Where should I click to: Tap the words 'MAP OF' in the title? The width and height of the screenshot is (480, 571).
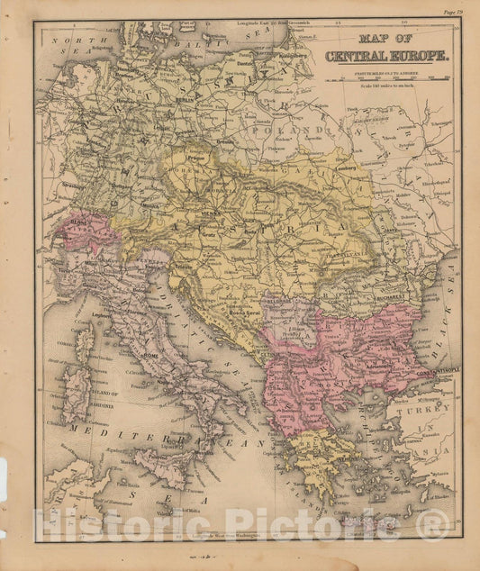tap(385, 39)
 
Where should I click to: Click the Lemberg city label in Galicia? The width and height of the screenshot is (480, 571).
tap(344, 166)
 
